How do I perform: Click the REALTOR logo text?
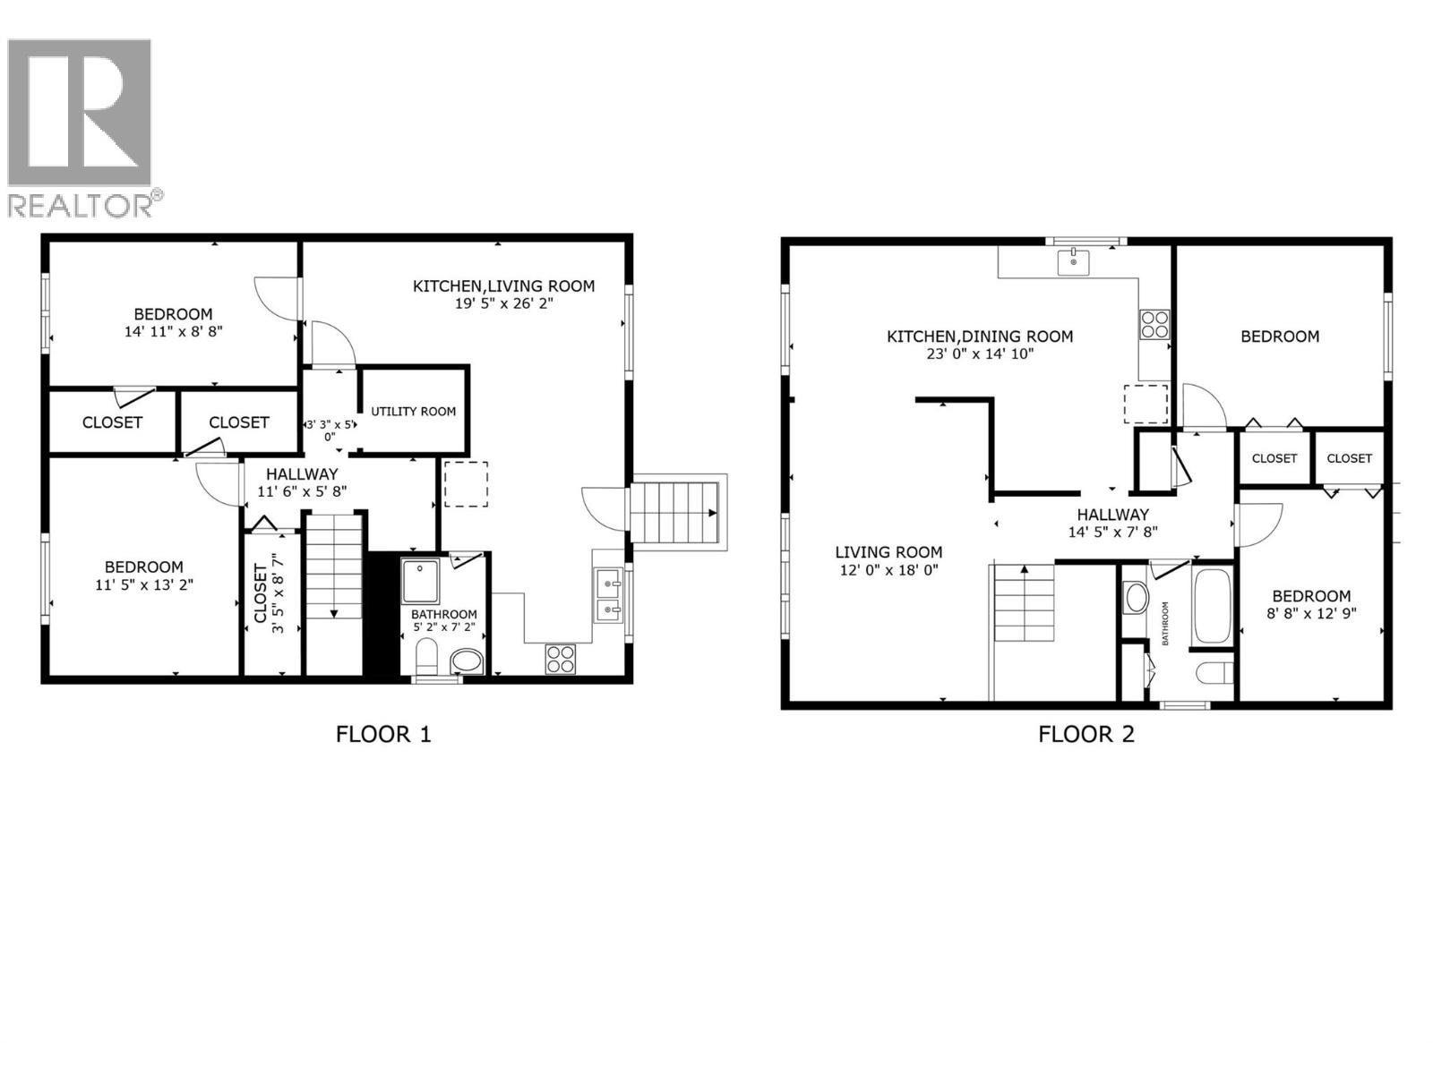(85, 204)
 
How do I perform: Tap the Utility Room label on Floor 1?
(414, 412)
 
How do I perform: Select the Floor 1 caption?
(383, 735)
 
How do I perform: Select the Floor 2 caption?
(1085, 735)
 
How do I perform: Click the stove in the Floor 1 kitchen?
(561, 659)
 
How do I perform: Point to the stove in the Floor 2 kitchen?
(1154, 323)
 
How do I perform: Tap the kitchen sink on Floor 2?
(1073, 262)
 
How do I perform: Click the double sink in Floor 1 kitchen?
(609, 595)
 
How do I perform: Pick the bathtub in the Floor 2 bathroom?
(1213, 606)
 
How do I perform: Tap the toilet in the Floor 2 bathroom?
(1214, 671)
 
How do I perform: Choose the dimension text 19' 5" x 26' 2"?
(503, 303)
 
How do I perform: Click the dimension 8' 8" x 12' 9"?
(1311, 614)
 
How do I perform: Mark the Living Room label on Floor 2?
(888, 552)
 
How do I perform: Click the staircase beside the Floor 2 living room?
(1025, 603)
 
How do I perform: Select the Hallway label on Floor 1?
(302, 474)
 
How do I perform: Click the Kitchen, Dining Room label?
(980, 337)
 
